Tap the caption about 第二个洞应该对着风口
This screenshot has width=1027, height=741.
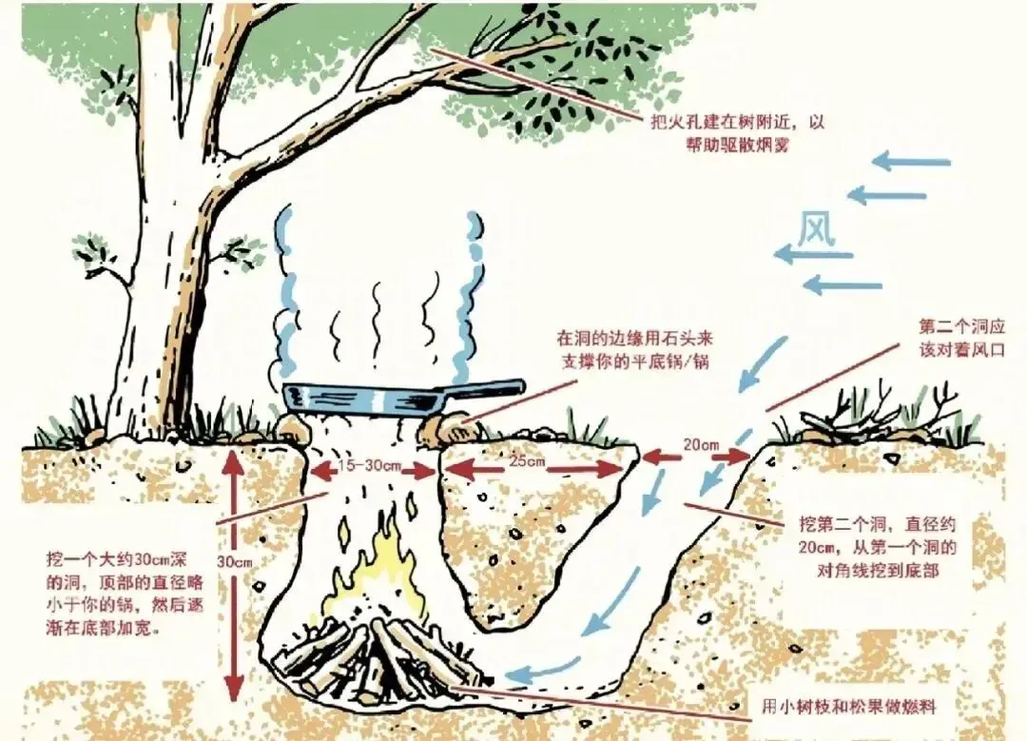pyautogui.click(x=959, y=337)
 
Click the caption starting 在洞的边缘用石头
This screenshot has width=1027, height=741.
pyautogui.click(x=634, y=349)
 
